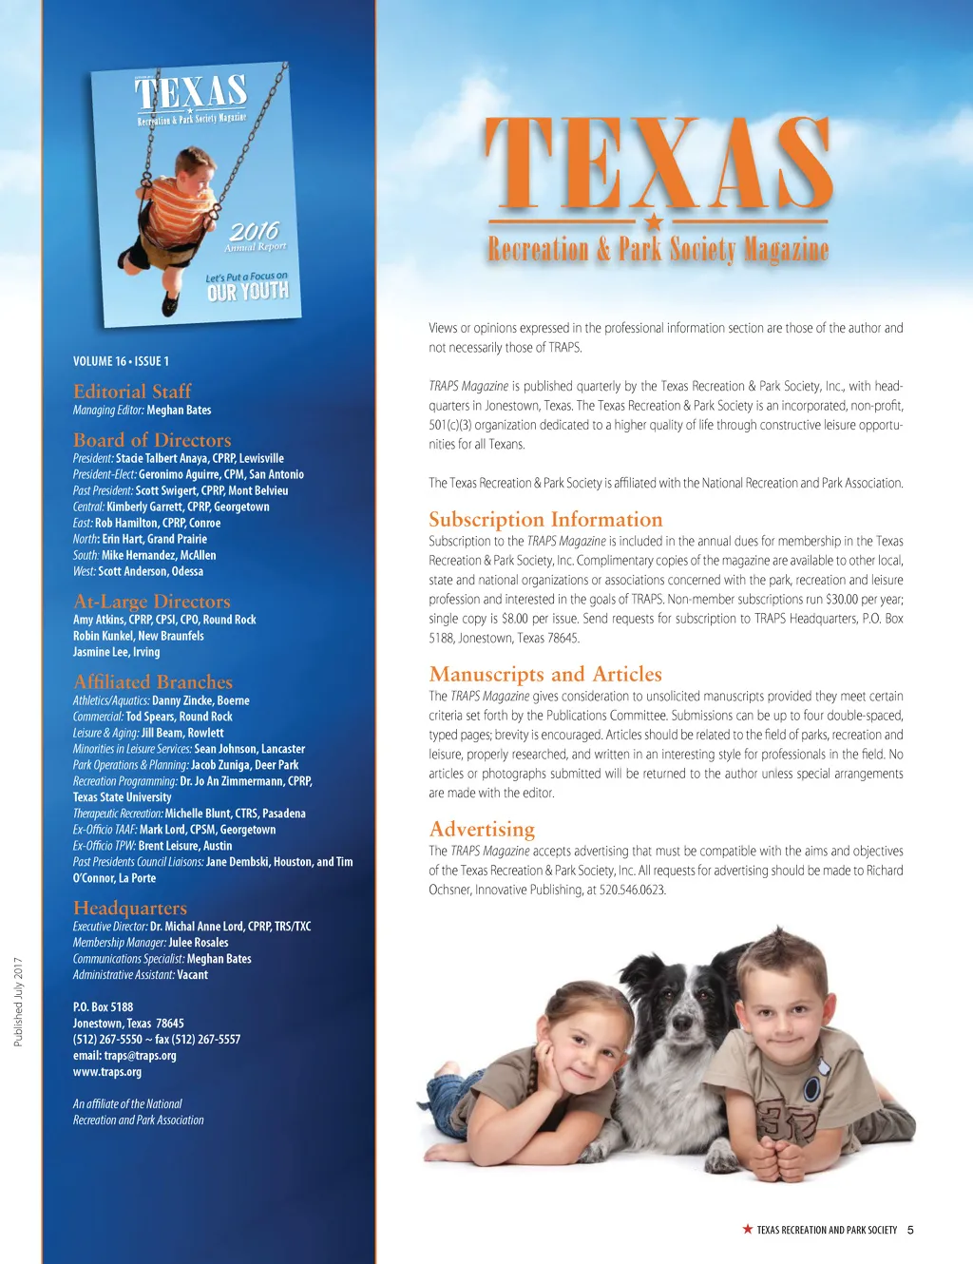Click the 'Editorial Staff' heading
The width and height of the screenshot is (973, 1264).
(132, 392)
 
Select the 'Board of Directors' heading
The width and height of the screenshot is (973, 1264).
(152, 440)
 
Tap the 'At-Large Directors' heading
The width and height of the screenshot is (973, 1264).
(152, 602)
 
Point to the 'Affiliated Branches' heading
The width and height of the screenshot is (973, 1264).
(153, 682)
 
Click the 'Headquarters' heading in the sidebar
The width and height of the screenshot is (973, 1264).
(130, 909)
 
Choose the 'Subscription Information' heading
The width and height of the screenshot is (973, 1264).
(545, 520)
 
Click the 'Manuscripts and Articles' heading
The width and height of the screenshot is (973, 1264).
(545, 675)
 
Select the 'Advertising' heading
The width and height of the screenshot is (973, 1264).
(482, 830)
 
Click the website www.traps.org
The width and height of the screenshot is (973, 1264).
(107, 1072)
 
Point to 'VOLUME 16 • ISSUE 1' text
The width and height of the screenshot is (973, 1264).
(121, 361)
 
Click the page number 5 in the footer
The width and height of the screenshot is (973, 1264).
(910, 1230)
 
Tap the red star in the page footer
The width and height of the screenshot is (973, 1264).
(748, 1230)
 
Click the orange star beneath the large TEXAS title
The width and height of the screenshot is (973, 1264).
(654, 222)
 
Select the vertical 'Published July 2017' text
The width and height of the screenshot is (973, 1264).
(18, 1002)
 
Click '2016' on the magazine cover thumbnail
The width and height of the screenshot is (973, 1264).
(254, 231)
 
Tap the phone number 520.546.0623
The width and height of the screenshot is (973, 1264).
(633, 891)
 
